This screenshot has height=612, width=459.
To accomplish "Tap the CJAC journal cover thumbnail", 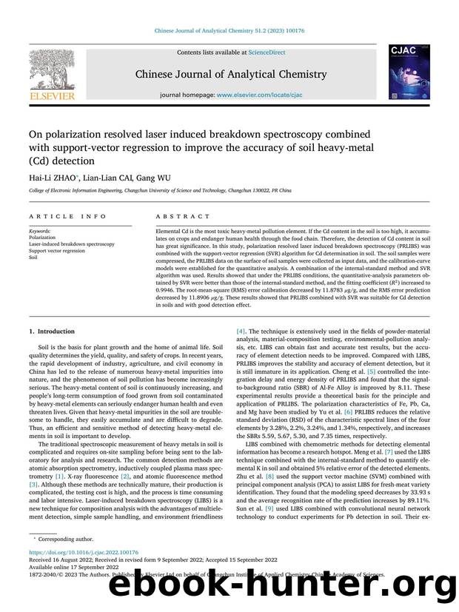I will (406, 72).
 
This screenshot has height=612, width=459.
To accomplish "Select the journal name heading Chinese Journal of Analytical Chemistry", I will (229, 74).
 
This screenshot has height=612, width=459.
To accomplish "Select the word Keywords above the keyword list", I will (41, 231).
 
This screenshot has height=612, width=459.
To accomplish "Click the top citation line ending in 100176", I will (229, 31).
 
